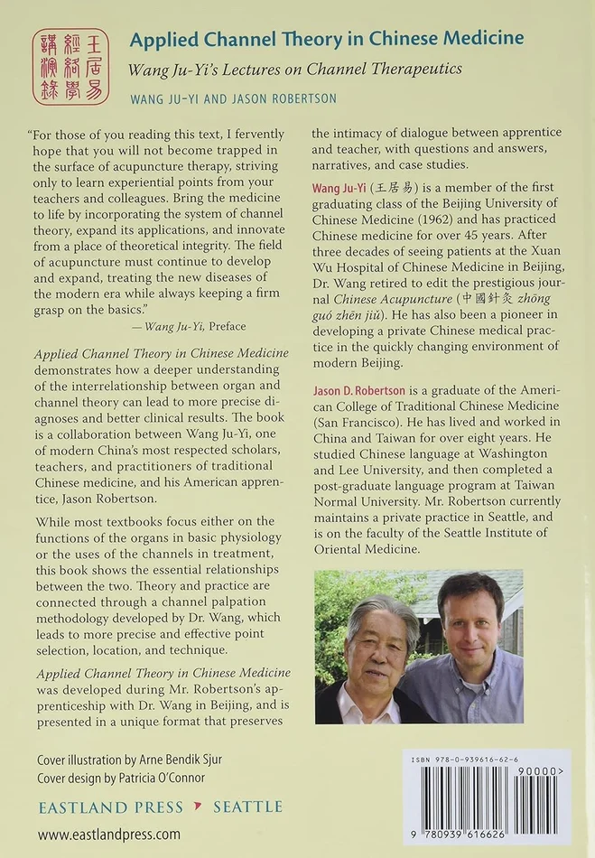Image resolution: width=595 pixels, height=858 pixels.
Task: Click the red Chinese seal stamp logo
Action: tap(70, 66)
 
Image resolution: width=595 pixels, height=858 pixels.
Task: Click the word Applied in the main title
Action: tap(160, 38)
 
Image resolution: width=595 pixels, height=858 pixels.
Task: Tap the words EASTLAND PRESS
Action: tap(110, 807)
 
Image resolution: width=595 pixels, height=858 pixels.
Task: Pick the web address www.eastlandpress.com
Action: tap(108, 835)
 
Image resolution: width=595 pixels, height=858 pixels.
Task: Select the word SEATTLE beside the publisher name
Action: tap(247, 807)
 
